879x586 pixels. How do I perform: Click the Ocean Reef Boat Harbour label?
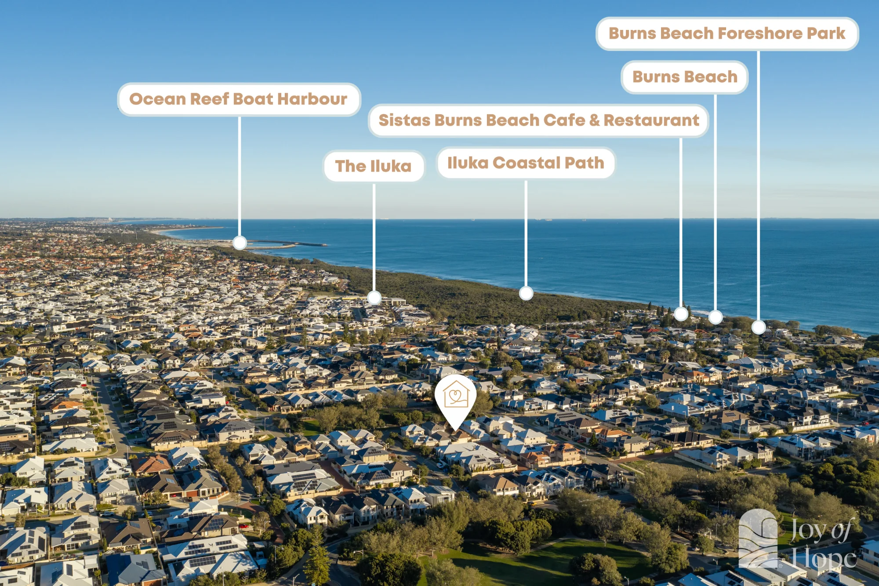coord(239,99)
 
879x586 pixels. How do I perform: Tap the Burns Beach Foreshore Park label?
coord(727,34)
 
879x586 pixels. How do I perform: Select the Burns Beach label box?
coord(685,77)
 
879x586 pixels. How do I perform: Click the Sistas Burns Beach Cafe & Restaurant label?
coord(538,120)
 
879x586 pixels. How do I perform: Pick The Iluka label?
coord(374,166)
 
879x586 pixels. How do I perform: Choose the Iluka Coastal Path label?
coord(526,163)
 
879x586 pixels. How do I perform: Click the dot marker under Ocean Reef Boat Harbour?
coord(240,243)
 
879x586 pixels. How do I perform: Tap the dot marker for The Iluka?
coord(374,298)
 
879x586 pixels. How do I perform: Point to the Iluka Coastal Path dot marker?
coord(526,293)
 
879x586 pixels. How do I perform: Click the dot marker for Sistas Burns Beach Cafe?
coord(681,314)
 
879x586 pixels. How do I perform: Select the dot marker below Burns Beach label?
coord(716,317)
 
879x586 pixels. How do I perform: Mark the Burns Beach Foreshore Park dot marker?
coord(759,327)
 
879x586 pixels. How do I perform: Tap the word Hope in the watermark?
coord(823,559)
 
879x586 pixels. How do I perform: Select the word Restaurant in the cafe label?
coord(651,120)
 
